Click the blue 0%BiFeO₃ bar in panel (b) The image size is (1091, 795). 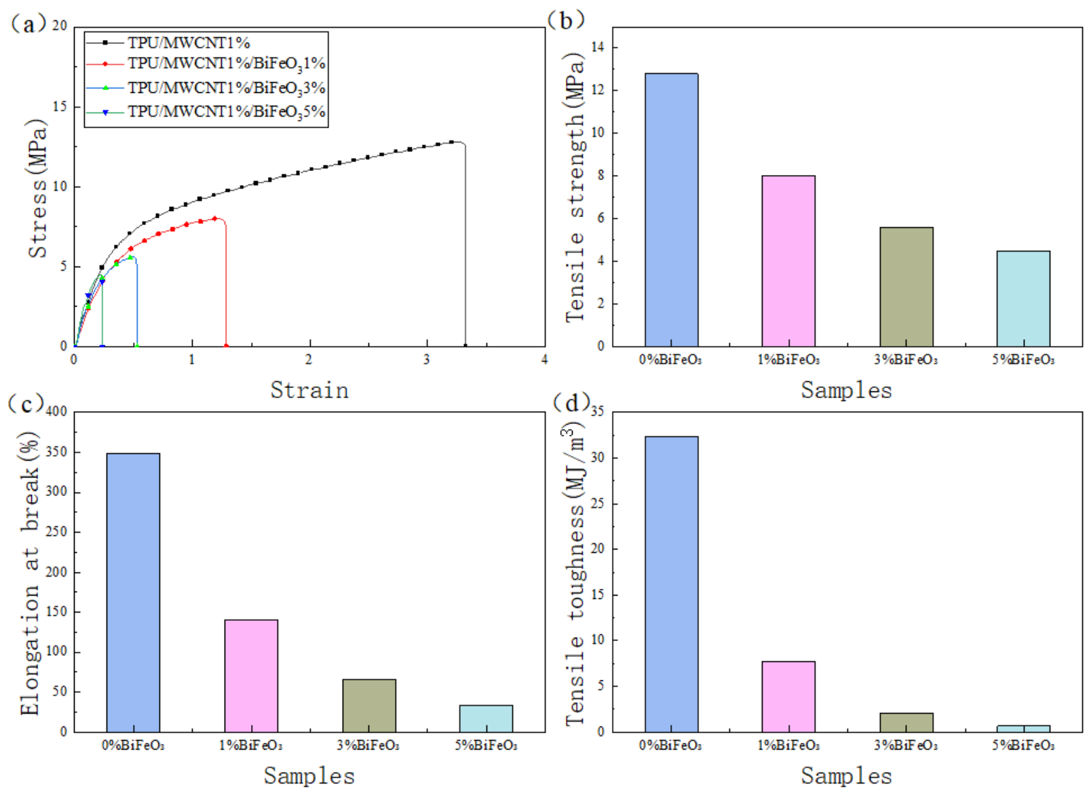[x=672, y=210]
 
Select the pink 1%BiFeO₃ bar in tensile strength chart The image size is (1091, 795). [x=788, y=261]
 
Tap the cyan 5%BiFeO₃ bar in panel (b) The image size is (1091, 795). [x=1023, y=299]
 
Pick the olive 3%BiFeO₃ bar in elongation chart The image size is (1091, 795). [x=369, y=705]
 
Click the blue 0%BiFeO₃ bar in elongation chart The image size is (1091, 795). [x=134, y=592]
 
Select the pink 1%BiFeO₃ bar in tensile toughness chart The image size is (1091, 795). [x=788, y=697]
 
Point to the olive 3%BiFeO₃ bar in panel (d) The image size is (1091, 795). [x=906, y=722]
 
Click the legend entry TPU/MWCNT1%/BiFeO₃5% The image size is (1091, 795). [x=227, y=113]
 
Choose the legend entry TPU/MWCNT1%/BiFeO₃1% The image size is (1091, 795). [x=227, y=64]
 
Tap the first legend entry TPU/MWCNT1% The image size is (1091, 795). [x=189, y=43]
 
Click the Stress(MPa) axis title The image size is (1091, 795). [x=37, y=189]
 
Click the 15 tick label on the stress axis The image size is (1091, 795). [x=60, y=106]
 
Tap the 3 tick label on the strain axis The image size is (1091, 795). [x=427, y=360]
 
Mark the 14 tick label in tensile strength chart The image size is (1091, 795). [x=597, y=47]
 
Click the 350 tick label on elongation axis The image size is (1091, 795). [x=56, y=452]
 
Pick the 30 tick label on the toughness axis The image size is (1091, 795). [x=597, y=458]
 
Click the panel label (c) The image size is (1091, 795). [x=26, y=403]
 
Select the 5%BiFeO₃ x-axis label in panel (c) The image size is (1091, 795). [x=486, y=746]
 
